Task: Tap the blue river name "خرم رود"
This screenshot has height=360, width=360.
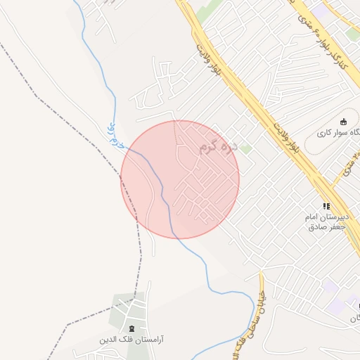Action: [115, 136]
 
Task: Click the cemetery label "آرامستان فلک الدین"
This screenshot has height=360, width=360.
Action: [131, 340]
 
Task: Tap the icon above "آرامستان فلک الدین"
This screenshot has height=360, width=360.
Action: [131, 328]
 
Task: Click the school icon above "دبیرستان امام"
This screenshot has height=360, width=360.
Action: [326, 206]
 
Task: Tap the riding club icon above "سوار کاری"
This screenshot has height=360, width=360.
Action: [343, 122]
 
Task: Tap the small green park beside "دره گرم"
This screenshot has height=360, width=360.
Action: [245, 149]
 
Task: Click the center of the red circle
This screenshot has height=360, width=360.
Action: [180, 179]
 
